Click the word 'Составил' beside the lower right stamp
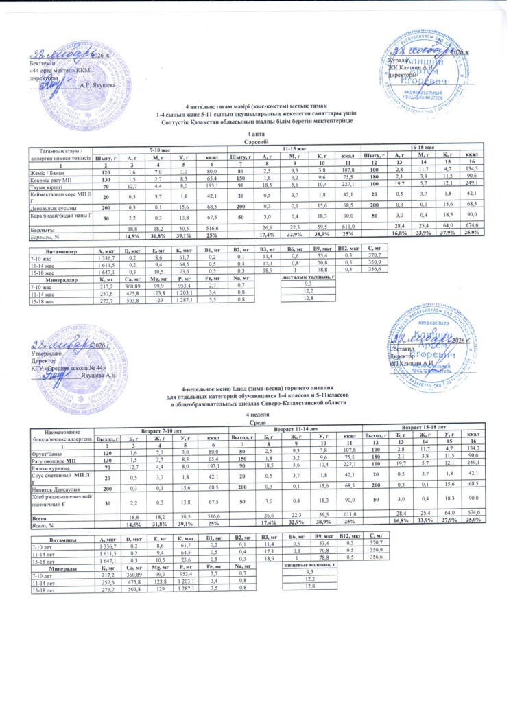pos(401,349)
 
